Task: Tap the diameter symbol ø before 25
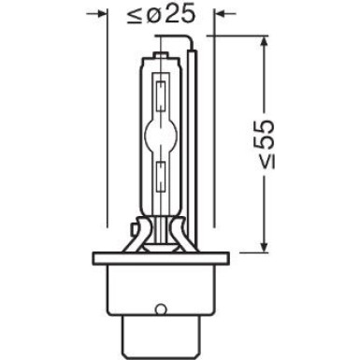(151, 14)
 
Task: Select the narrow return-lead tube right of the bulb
(194, 140)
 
